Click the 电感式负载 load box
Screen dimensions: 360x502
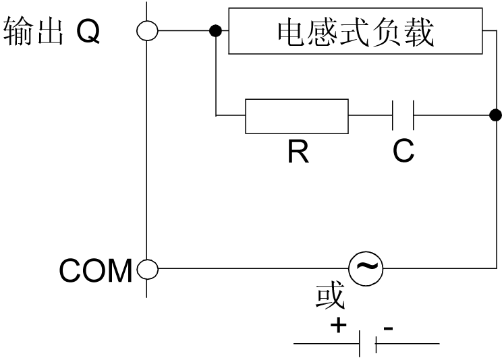coord(356,31)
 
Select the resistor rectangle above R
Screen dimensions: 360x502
coord(297,117)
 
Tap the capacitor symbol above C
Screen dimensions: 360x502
coord(403,116)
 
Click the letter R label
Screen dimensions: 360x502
coord(297,152)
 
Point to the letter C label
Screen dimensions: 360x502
coord(403,152)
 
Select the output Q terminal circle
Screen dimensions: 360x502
coord(147,30)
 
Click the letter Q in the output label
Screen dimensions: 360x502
coord(88,32)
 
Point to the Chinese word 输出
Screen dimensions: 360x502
coord(32,32)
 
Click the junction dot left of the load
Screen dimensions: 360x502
coord(216,30)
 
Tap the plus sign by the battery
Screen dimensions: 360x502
coord(337,326)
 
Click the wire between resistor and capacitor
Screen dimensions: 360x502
coord(370,116)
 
